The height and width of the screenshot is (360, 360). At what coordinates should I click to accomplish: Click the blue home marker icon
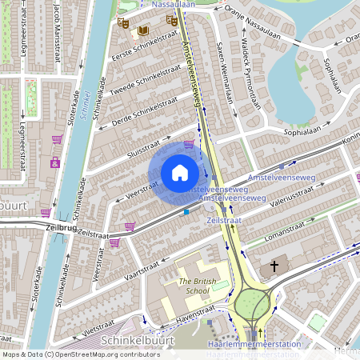[179, 173]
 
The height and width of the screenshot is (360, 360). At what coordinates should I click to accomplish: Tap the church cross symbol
[274, 266]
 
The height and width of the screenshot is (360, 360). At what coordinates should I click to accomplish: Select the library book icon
[143, 30]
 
